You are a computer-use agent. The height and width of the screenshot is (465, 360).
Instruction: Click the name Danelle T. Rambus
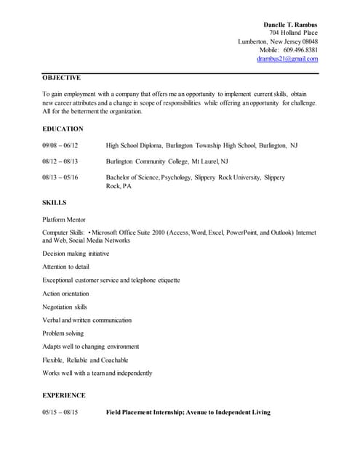coord(290,25)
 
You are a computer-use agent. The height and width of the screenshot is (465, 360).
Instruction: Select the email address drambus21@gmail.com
coord(287,59)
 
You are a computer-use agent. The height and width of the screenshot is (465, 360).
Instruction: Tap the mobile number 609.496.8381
coord(300,50)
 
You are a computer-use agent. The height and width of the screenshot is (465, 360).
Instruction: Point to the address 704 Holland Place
coord(293,33)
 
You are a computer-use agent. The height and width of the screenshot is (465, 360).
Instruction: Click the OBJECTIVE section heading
coord(61,77)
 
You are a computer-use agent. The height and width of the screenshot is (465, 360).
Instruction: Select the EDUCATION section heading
coord(63,129)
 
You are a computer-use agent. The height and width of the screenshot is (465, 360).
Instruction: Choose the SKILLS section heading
coord(54,202)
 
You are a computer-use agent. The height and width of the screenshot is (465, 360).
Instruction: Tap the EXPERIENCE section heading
coord(64,395)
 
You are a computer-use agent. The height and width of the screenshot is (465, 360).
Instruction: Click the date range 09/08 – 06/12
coord(60,145)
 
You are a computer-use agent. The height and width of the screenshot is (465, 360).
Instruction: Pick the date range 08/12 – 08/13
coord(60,161)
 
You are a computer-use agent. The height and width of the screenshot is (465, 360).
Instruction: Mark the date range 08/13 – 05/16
coord(60,177)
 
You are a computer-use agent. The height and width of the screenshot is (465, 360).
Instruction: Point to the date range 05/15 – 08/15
coord(60,412)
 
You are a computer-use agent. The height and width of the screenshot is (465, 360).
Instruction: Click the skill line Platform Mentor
coord(65,219)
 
